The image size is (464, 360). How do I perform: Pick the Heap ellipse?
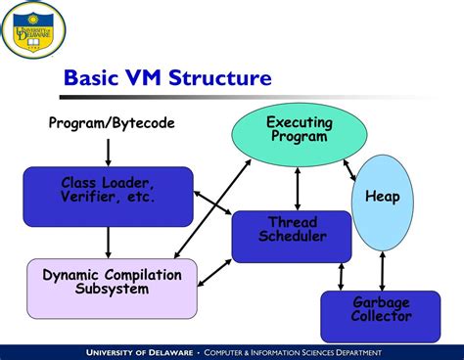tap(383, 198)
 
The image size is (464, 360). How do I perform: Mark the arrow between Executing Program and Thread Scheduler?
tap(296, 188)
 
